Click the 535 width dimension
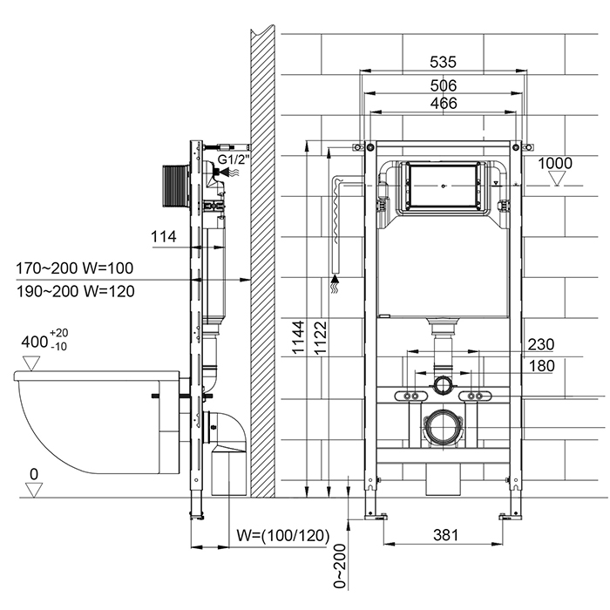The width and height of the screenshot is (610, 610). tap(444, 63)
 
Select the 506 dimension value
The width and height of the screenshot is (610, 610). tap(444, 85)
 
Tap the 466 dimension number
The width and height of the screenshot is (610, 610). tap(444, 103)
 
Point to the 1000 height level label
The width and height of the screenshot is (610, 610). tap(555, 163)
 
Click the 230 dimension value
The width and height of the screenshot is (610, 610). tap(540, 344)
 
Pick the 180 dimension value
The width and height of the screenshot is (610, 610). tap(540, 366)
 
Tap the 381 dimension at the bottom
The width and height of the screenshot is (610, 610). tap(445, 535)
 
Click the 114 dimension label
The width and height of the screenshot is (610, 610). tap(163, 236)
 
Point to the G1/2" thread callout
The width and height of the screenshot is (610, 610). tap(234, 160)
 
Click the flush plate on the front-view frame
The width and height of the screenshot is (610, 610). tap(444, 185)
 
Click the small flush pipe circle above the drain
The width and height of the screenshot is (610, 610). tap(444, 383)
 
